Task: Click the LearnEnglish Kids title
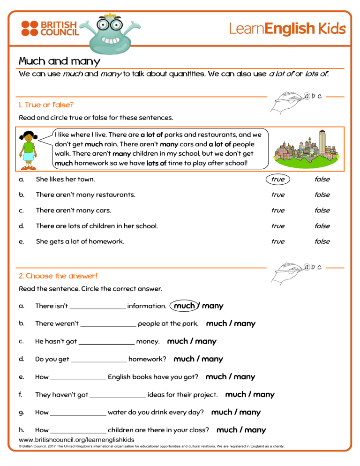point(287,29)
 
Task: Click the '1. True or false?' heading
point(46,105)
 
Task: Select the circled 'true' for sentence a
point(277,179)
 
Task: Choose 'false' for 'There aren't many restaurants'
point(322,195)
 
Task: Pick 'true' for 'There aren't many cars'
point(277,210)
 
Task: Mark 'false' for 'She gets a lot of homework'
point(322,241)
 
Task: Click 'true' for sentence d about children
point(277,225)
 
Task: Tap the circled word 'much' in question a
point(184,306)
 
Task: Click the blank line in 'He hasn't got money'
point(106,342)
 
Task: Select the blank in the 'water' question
point(78,413)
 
